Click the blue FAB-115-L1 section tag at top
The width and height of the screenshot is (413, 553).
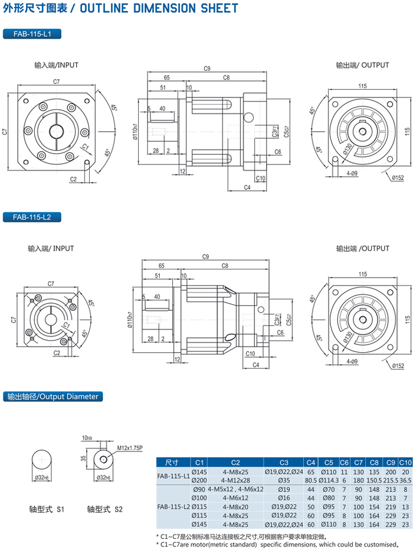coord(32,34)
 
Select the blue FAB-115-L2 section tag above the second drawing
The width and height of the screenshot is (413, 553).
coord(32,217)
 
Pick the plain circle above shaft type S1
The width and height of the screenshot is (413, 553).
coord(42,460)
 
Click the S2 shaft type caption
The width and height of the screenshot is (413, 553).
coord(106,508)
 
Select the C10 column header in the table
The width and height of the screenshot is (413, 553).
coord(404,462)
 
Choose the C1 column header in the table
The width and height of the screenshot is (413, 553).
coord(199,462)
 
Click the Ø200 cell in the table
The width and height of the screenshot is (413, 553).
coord(199,480)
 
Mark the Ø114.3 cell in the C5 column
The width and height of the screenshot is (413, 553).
coord(329,480)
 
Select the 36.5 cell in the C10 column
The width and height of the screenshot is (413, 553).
coord(405,480)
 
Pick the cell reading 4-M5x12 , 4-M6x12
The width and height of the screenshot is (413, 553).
coord(235,489)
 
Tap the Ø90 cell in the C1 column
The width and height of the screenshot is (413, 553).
coord(198,489)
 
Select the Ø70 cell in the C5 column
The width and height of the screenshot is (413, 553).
coord(329,489)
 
